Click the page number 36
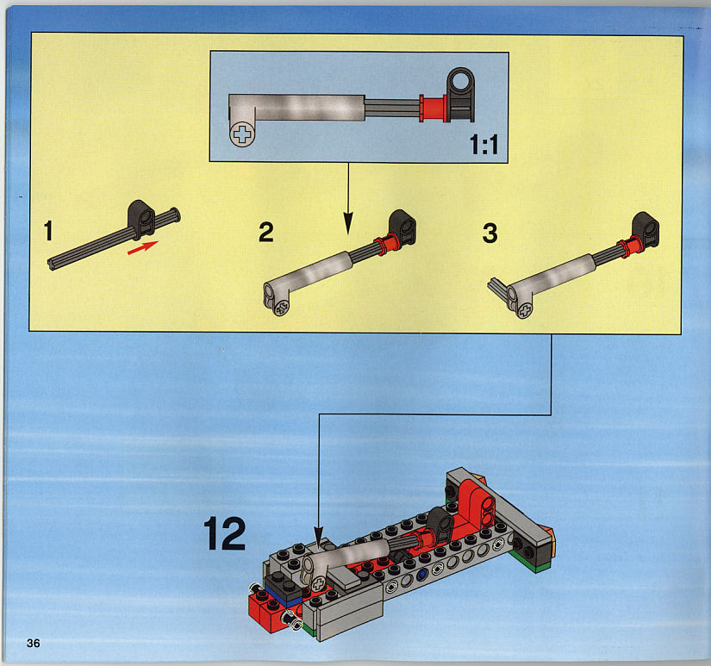pos(33,643)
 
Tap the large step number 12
pos(224,533)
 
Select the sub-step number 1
pos(48,230)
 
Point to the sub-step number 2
pos(265,232)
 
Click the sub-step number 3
pos(490,233)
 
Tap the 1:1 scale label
pos(483,145)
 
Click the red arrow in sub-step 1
pos(142,247)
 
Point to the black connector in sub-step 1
pos(141,219)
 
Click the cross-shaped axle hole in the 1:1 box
pos(242,134)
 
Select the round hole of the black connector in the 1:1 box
pos(461,82)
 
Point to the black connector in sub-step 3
pos(646,230)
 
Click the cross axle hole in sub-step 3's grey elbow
pos(525,310)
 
